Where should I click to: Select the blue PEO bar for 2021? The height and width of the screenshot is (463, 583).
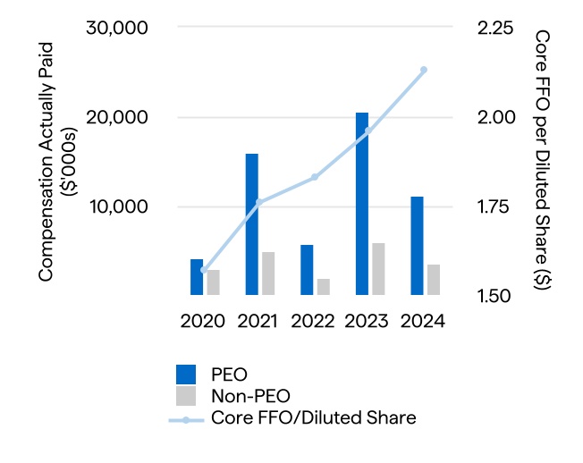[x=252, y=224]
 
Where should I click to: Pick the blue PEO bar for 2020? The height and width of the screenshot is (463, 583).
[x=197, y=277]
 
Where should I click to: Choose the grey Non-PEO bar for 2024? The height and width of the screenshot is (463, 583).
[x=434, y=280]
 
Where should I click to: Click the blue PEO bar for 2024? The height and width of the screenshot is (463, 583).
[x=418, y=246]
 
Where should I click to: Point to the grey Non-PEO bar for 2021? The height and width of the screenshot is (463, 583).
[x=268, y=274]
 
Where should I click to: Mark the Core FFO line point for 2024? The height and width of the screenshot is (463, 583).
[x=424, y=70]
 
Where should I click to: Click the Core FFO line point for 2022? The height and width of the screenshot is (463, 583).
[x=315, y=177]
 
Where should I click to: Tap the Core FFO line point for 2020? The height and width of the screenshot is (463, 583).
[x=204, y=270]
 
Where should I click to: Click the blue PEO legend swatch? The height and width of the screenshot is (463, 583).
[x=186, y=374]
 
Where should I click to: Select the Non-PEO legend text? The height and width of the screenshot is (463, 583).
[x=252, y=395]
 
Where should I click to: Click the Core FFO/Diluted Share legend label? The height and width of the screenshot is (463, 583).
[x=314, y=417]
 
